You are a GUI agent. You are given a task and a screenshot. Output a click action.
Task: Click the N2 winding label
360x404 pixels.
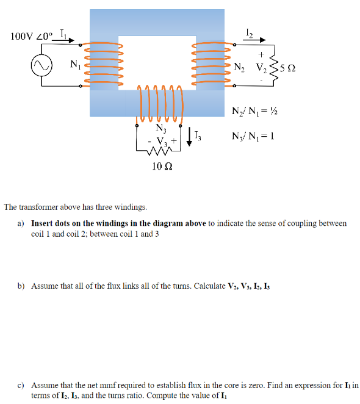point(240,65)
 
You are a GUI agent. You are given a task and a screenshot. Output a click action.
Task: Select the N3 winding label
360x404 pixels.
point(161,128)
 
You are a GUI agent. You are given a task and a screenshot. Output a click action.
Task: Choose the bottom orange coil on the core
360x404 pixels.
point(160,102)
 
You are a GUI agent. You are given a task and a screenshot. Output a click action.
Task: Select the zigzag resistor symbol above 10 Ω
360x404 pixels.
point(160,153)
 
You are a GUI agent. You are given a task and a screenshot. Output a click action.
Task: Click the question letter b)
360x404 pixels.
point(21,286)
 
